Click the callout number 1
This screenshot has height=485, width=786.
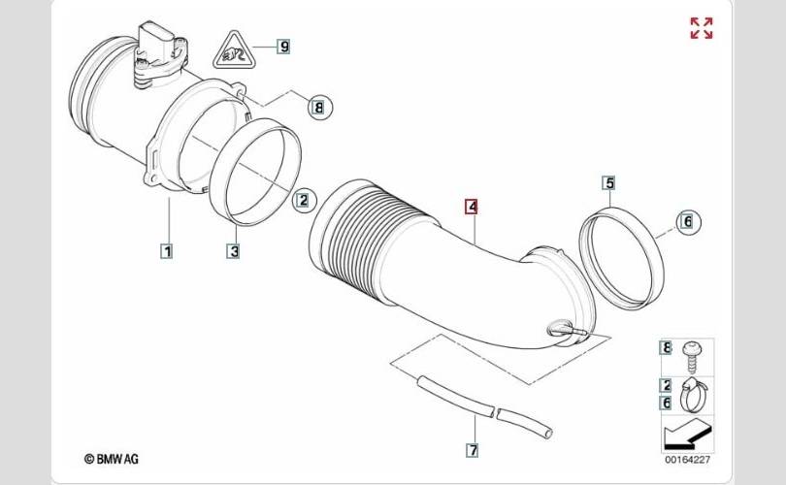pyautogui.click(x=167, y=250)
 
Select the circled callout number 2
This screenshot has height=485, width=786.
pyautogui.click(x=305, y=201)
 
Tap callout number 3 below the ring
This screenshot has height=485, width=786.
pyautogui.click(x=234, y=250)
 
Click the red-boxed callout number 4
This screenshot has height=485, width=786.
pyautogui.click(x=472, y=207)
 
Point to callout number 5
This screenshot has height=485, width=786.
pyautogui.click(x=609, y=183)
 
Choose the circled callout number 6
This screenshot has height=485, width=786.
pyautogui.click(x=688, y=221)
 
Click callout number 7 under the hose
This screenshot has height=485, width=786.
pyautogui.click(x=473, y=450)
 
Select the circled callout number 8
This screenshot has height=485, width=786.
pyautogui.click(x=320, y=107)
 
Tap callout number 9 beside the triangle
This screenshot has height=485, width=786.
pyautogui.click(x=284, y=47)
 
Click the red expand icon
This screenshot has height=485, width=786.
pyautogui.click(x=702, y=28)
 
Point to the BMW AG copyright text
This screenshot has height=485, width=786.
pyautogui.click(x=112, y=459)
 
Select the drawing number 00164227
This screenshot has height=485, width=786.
pyautogui.click(x=687, y=459)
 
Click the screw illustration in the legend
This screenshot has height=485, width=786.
pyautogui.click(x=692, y=356)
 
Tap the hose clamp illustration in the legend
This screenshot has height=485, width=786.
pyautogui.click(x=694, y=395)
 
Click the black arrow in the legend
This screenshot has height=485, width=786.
pyautogui.click(x=683, y=435)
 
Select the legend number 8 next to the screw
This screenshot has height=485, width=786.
pyautogui.click(x=666, y=347)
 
